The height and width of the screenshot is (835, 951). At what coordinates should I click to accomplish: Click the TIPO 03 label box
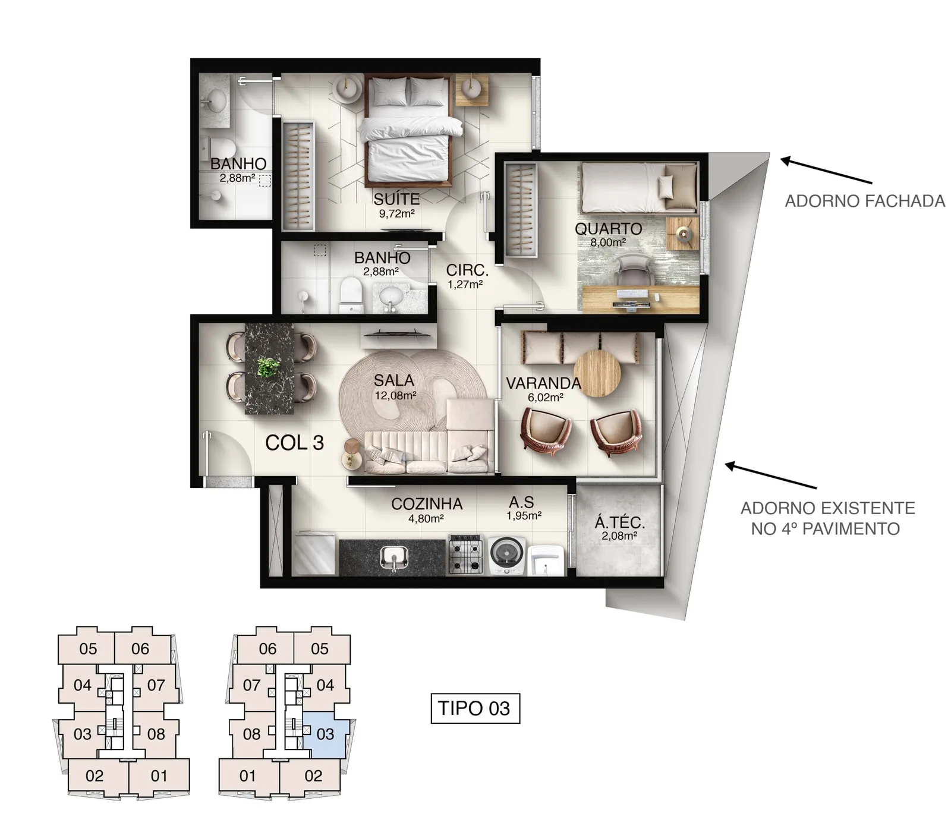point(475,708)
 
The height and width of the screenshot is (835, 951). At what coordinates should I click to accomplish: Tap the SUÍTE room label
point(396,199)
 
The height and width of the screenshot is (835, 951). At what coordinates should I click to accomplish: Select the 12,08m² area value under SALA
point(395,395)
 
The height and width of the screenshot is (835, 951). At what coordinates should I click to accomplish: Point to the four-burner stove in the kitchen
point(467,554)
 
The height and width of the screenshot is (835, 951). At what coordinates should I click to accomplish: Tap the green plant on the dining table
point(268,367)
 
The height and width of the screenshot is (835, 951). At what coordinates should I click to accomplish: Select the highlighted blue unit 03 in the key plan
point(325,735)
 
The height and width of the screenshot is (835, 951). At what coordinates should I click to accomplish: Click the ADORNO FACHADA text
point(865,201)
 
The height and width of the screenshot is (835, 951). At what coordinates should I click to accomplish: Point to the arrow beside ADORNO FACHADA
point(826,171)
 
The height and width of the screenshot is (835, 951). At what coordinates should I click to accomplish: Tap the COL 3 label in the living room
point(294,443)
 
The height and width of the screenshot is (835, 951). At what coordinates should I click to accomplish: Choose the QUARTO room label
point(608,229)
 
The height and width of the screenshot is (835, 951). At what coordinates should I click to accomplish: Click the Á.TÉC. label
point(620,523)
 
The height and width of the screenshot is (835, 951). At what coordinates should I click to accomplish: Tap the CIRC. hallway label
point(467,270)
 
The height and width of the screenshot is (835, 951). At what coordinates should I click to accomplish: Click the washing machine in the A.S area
point(507,555)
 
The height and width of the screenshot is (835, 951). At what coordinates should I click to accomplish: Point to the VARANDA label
point(543,383)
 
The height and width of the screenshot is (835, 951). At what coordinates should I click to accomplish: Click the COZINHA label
point(427,504)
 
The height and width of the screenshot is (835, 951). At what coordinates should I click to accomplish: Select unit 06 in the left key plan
point(140,648)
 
